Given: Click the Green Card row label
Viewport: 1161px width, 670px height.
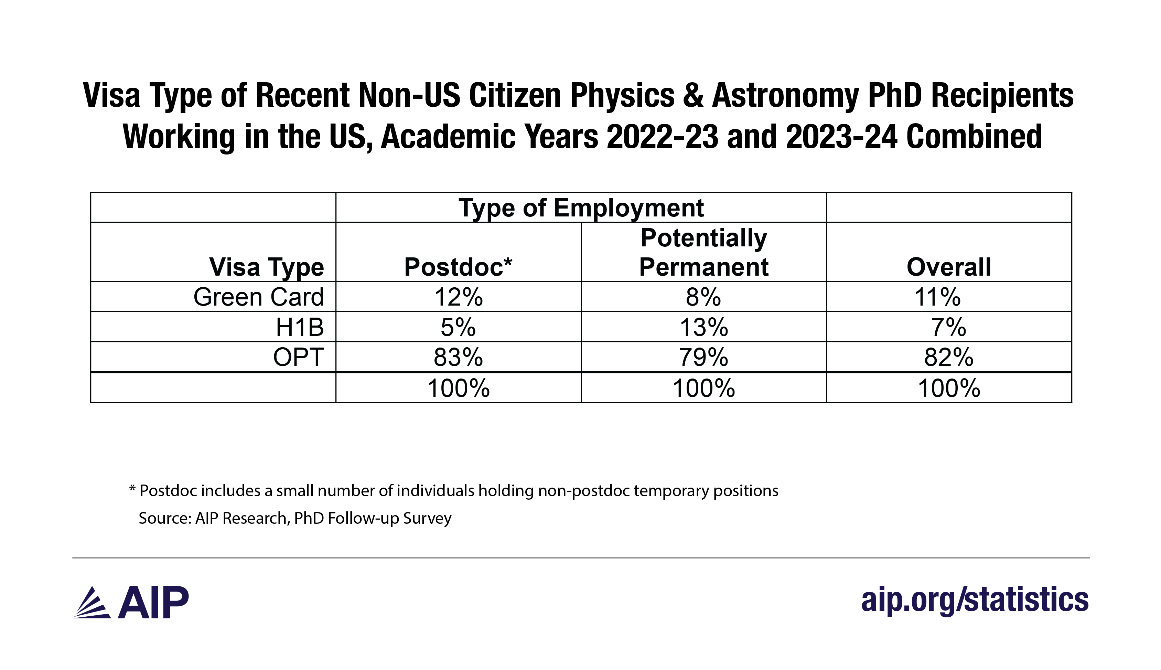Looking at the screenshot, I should coord(258,297).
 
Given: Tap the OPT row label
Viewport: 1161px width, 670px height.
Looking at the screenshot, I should coord(299,357).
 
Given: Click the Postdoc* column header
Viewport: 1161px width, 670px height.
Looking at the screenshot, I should coord(458,267).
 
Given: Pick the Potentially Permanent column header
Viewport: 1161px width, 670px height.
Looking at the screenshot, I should coord(703,252).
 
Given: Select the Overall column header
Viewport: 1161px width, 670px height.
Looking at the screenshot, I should coord(948,267).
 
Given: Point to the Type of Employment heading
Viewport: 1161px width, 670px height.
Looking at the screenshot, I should coord(581,208).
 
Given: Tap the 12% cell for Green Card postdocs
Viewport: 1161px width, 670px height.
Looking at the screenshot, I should coord(458,297).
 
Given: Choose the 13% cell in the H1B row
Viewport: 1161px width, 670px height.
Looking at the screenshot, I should coord(703,327).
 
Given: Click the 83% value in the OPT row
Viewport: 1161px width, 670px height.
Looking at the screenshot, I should coord(458,357).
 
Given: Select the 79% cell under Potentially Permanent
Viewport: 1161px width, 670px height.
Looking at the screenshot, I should coord(703,357).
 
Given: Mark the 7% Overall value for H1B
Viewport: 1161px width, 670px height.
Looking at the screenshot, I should coord(948,327).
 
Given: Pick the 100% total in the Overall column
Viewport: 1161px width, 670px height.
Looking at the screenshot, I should coord(948,388).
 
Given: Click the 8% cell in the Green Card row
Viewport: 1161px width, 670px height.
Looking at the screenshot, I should coord(703,297).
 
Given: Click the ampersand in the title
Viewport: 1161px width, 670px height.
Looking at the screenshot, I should coord(693,96).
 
